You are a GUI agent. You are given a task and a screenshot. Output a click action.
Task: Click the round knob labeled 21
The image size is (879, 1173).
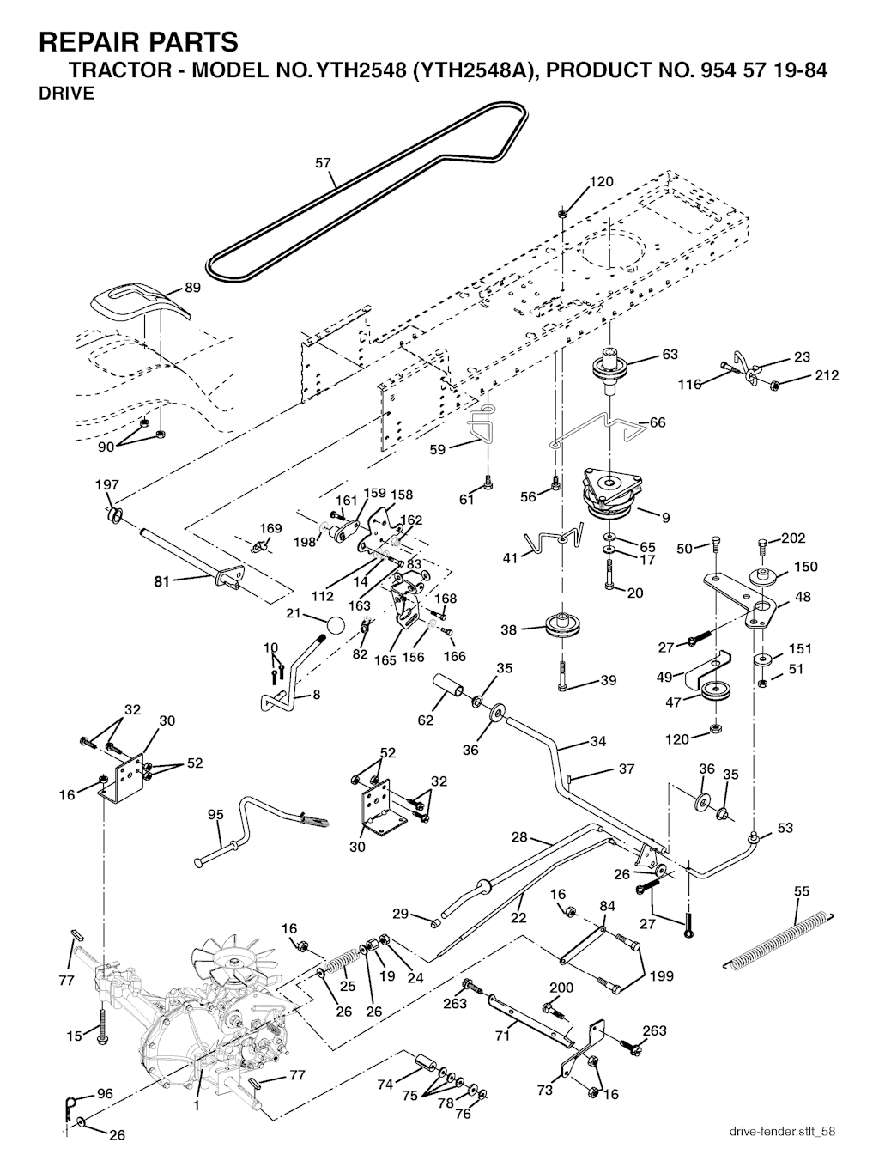click(337, 627)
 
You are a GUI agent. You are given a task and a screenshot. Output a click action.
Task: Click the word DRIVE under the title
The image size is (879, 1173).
click(66, 94)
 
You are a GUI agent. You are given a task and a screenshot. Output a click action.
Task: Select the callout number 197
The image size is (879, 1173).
click(106, 485)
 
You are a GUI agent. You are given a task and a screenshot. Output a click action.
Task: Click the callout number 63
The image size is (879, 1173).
click(670, 355)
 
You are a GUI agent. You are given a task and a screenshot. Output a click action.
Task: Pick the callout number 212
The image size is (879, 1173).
click(827, 375)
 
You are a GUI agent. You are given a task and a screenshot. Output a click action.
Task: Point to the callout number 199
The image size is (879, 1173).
click(661, 976)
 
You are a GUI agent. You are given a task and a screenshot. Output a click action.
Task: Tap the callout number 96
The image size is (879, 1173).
click(104, 1094)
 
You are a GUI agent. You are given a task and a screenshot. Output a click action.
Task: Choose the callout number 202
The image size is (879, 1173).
click(794, 539)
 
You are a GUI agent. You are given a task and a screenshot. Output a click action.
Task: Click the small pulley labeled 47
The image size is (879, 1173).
click(714, 692)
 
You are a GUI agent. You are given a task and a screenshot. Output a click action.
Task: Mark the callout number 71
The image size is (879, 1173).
click(502, 1036)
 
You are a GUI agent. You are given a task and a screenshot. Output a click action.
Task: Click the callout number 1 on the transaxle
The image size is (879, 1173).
click(196, 1107)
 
